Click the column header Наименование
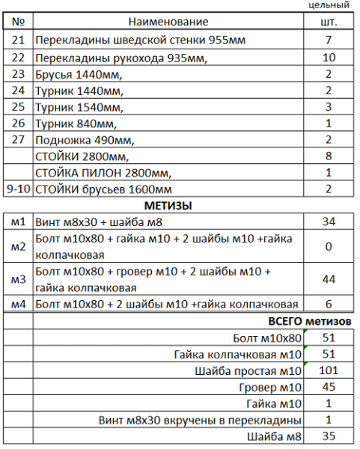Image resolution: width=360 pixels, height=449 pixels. pyautogui.click(x=168, y=22)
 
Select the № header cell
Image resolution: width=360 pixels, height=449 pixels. pyautogui.click(x=19, y=22)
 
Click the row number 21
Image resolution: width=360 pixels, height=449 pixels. pyautogui.click(x=19, y=40)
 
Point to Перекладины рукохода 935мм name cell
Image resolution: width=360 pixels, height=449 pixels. pyautogui.click(x=120, y=57)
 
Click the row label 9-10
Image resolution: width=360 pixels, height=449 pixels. pyautogui.click(x=19, y=189)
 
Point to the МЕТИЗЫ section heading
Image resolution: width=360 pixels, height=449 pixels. pyautogui.click(x=168, y=205)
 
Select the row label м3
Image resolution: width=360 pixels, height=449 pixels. pyautogui.click(x=19, y=279)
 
